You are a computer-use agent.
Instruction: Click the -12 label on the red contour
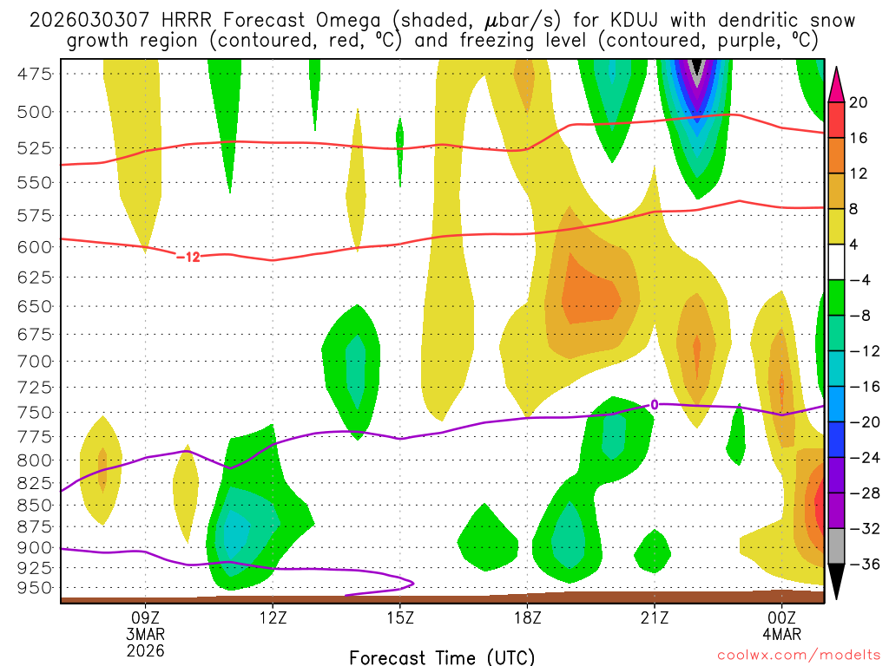point(188,257)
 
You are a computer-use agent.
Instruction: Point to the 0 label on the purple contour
point(655,403)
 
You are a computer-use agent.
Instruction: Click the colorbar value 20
point(859,102)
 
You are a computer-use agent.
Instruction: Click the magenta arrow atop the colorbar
point(837,83)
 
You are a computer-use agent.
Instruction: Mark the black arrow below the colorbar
point(837,582)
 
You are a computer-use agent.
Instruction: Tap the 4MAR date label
point(782,633)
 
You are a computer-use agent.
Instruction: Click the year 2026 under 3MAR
point(145,649)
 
